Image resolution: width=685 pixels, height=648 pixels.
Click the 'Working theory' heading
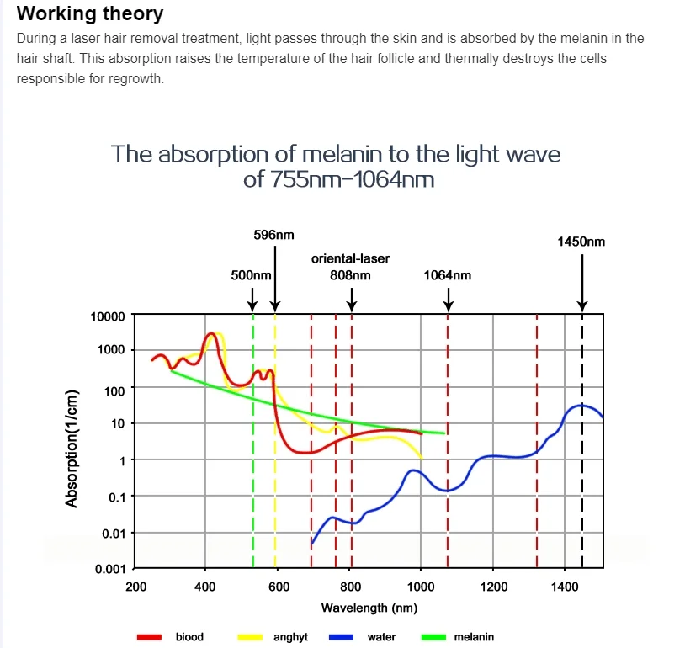click(90, 13)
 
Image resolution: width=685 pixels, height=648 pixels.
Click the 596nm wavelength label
click(273, 235)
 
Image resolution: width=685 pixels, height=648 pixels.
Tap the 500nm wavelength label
click(252, 275)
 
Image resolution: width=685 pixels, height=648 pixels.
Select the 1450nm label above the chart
click(581, 242)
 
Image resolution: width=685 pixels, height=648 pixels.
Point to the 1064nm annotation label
click(448, 275)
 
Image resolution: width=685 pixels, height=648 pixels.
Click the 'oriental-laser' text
click(350, 258)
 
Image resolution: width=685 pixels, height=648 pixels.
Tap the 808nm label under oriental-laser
click(350, 275)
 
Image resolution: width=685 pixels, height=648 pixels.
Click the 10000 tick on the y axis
click(108, 316)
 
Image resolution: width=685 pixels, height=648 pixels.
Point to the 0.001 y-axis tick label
click(110, 569)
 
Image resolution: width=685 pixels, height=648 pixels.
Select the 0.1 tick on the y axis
click(116, 497)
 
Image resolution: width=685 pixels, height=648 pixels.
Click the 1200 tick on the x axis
click(494, 587)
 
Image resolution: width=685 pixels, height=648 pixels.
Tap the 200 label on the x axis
click(135, 587)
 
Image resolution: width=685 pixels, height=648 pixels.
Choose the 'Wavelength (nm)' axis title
click(369, 608)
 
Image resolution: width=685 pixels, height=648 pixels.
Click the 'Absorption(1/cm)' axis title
click(72, 449)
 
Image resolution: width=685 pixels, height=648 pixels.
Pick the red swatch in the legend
click(149, 637)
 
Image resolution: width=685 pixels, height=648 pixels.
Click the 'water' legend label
click(381, 637)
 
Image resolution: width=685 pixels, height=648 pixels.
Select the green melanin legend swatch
click(433, 637)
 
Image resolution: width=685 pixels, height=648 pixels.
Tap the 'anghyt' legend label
click(290, 638)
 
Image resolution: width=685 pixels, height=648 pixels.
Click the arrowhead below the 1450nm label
click(581, 305)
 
